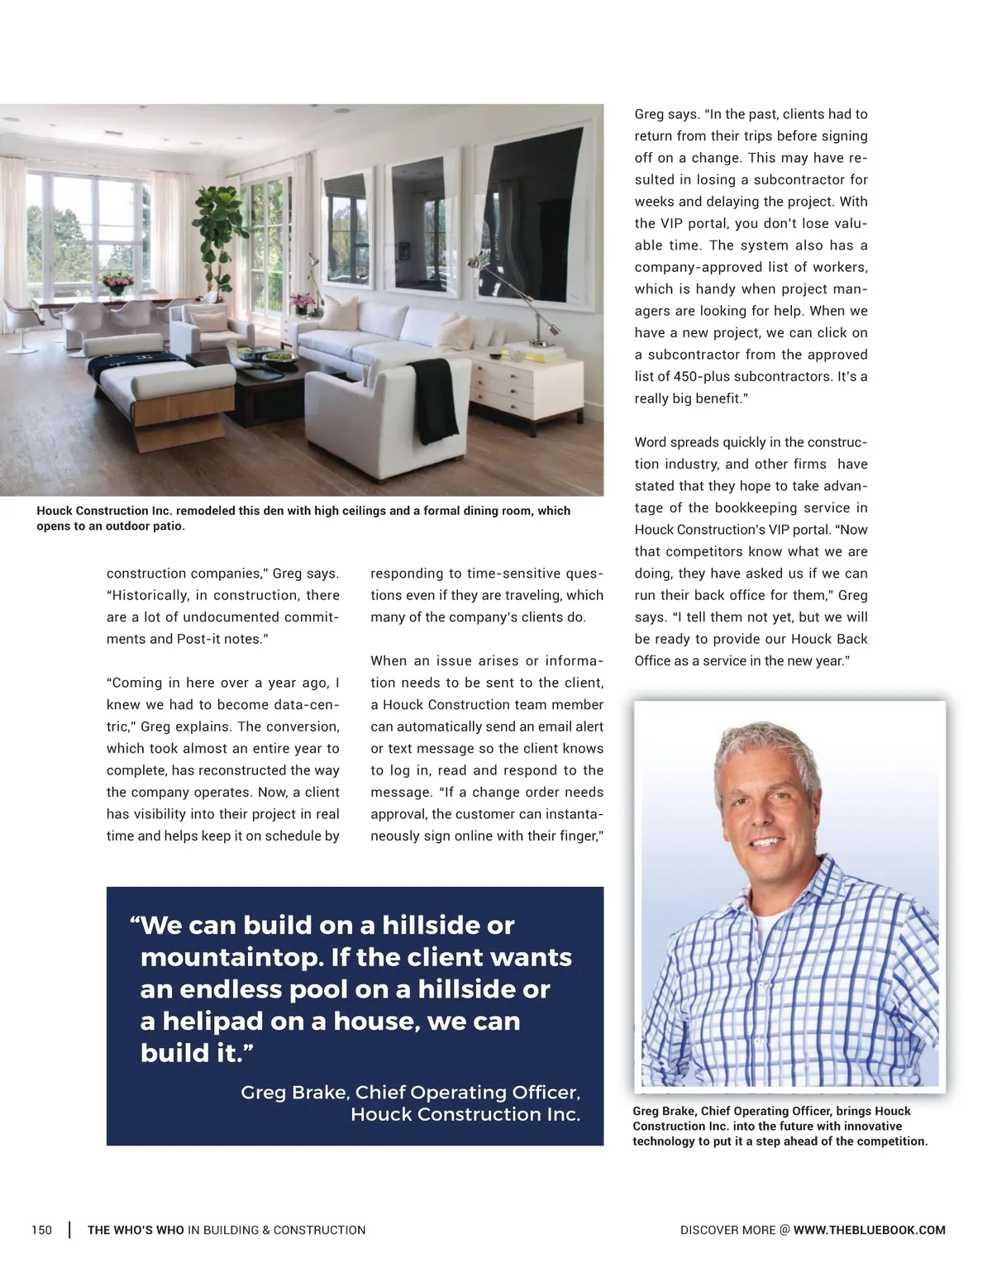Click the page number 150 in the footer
click(x=41, y=1230)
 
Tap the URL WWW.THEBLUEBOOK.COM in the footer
click(x=869, y=1230)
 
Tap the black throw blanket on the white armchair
click(x=433, y=399)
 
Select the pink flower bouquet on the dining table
click(x=117, y=283)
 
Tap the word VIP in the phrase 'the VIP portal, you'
click(x=670, y=224)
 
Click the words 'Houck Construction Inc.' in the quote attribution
click(x=465, y=1114)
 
